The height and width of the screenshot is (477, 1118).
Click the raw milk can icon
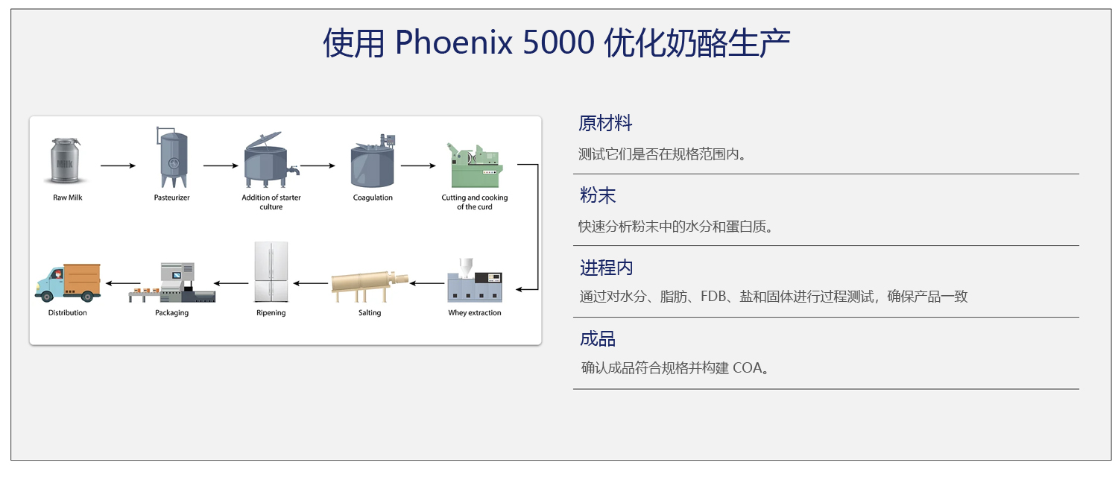tap(66, 161)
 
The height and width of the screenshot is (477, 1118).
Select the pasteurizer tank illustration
tap(172, 157)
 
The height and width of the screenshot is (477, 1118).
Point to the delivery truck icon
tap(67, 282)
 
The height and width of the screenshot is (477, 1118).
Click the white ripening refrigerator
tap(271, 272)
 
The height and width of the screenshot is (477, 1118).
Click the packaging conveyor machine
tap(172, 282)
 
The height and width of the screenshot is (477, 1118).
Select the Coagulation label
tap(373, 198)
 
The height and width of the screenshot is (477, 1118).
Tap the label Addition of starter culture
tap(271, 202)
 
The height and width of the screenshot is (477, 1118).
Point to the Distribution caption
tap(67, 313)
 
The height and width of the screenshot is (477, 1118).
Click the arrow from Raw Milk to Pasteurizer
tap(119, 165)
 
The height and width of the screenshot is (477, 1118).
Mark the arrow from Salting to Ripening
tap(311, 283)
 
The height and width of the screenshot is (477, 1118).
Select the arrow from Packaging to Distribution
tap(123, 283)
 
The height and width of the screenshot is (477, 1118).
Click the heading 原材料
tap(605, 123)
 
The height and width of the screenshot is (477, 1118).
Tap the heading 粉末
tap(598, 195)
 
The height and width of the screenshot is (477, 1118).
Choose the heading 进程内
tap(607, 268)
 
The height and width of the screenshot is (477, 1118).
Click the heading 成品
tap(598, 339)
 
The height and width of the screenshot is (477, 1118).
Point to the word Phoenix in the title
tap(454, 42)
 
